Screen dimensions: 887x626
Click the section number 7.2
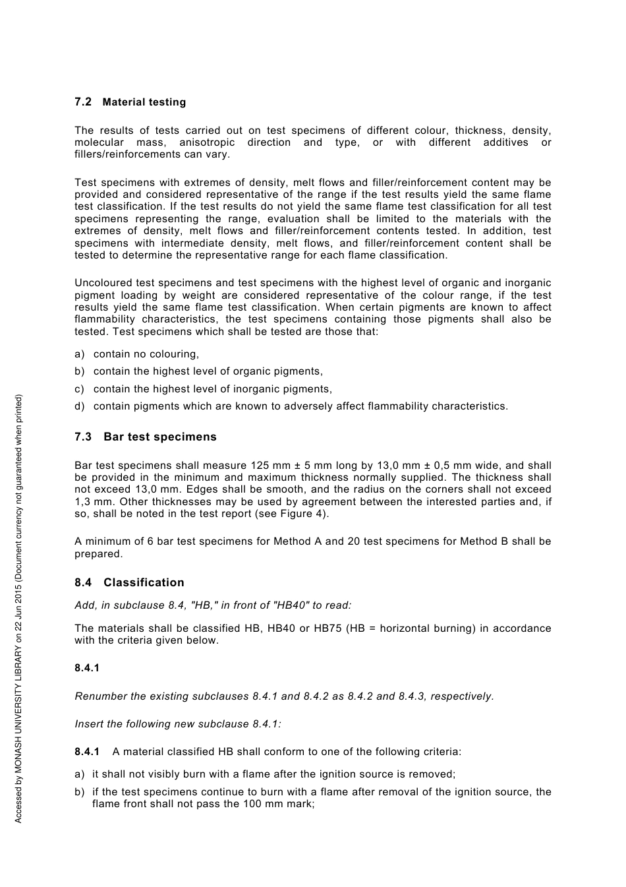[x=83, y=102]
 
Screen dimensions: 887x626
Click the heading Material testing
[x=144, y=102]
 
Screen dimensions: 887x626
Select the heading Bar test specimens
[x=160, y=437]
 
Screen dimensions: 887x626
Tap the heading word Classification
[x=144, y=583]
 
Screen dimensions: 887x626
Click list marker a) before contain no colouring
[x=80, y=354]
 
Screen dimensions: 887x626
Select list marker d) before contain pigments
[x=80, y=406]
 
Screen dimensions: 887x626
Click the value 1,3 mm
[x=92, y=502]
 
